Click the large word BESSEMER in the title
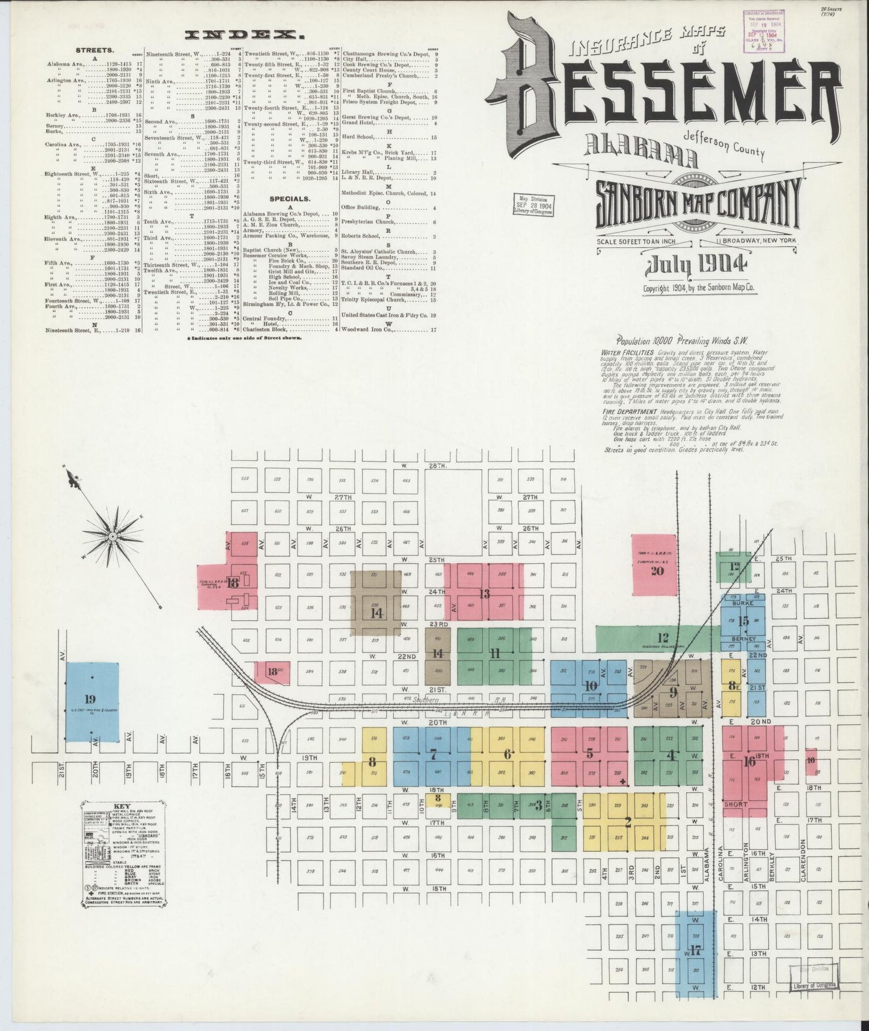(x=668, y=96)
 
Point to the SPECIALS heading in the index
(x=289, y=198)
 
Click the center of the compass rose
(x=112, y=535)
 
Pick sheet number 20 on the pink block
(x=657, y=570)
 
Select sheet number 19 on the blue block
(x=90, y=699)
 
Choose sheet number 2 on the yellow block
(x=628, y=823)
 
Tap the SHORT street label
(x=736, y=804)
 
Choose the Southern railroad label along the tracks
(x=428, y=700)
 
